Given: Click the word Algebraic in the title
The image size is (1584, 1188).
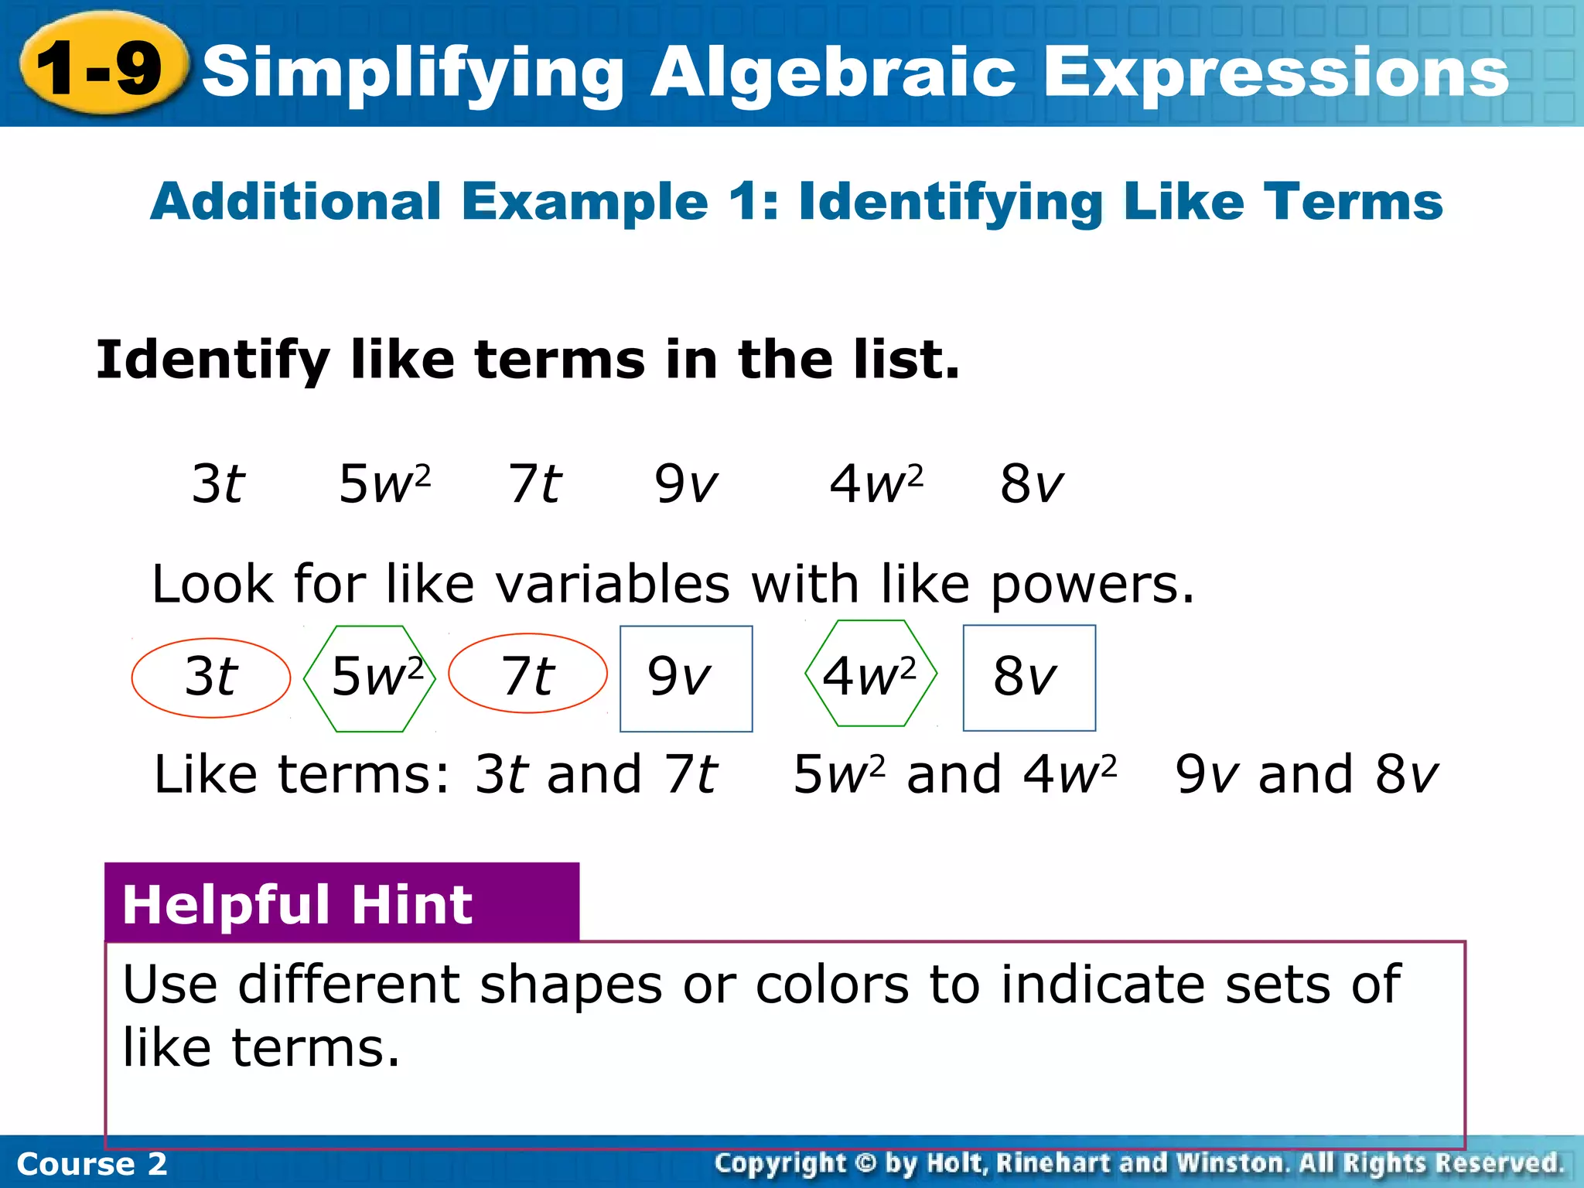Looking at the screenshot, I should pyautogui.click(x=832, y=72).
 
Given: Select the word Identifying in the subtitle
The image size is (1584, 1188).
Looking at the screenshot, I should pyautogui.click(x=951, y=202).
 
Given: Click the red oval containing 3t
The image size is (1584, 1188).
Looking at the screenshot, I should pyautogui.click(x=210, y=678).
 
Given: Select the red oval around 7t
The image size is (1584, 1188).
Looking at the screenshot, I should pyautogui.click(x=527, y=674).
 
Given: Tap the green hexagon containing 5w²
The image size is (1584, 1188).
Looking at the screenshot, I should pyautogui.click(x=370, y=678).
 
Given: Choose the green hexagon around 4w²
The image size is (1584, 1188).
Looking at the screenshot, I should pyautogui.click(x=871, y=674).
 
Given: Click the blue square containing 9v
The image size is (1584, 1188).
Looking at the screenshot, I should pyautogui.click(x=686, y=678).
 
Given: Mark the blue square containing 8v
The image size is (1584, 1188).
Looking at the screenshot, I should pyautogui.click(x=1029, y=678).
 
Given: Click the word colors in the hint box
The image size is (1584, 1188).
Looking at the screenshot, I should pyautogui.click(x=832, y=985).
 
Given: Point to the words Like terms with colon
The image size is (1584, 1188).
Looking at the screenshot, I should pyautogui.click(x=302, y=775).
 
